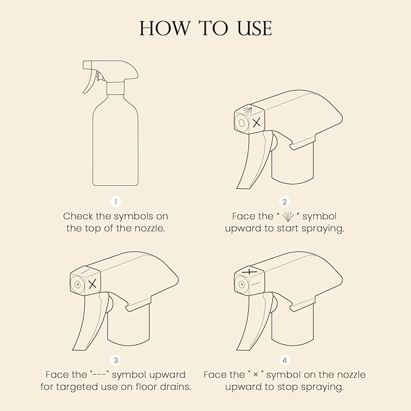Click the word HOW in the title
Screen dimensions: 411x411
[x=165, y=28]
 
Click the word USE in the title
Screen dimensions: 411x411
[x=255, y=28]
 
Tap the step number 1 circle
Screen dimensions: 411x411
[x=116, y=202]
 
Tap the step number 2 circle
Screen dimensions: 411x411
[x=284, y=202]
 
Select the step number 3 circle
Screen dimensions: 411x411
[x=116, y=360]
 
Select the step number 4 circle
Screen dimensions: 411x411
[x=284, y=360]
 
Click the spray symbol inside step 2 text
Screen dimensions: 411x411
[x=288, y=217]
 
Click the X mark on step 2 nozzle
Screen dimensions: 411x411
[x=257, y=122]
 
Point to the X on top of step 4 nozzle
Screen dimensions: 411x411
[x=249, y=272]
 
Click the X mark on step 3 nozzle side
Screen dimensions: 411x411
[x=93, y=284]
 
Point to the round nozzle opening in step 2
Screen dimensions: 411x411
[x=242, y=123]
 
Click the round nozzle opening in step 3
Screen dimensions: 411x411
[x=77, y=284]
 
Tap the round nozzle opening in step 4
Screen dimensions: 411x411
[x=242, y=284]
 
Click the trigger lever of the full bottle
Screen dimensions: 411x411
[x=88, y=82]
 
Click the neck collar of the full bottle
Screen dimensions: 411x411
[x=116, y=88]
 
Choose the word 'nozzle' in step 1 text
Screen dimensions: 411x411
[x=150, y=228]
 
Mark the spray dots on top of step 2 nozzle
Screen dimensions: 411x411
[x=248, y=110]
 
